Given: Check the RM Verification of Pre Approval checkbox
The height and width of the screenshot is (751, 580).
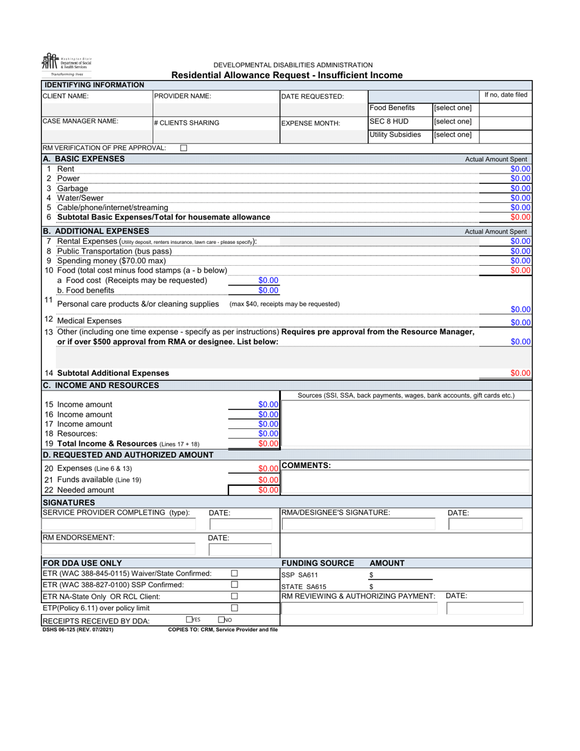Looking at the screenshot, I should [x=184, y=148].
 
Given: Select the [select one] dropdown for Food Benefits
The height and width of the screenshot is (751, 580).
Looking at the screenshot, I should [x=452, y=108].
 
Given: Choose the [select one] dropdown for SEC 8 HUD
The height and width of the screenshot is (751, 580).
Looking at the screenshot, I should [x=452, y=122].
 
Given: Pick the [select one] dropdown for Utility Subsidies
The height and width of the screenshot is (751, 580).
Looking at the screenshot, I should [x=452, y=135].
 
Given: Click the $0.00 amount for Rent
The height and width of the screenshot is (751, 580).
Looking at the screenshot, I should [x=520, y=169].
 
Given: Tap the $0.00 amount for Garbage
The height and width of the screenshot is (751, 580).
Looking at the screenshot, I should [x=520, y=189].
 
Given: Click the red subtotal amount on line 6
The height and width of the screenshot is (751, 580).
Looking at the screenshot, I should [x=520, y=217].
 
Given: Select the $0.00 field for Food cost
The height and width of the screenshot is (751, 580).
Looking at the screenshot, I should [x=268, y=280].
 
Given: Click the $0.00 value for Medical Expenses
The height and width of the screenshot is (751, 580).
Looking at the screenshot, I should [x=520, y=323].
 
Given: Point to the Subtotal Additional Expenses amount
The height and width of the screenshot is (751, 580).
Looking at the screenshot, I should [x=520, y=373].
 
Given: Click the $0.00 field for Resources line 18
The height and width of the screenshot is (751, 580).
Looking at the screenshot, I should [x=268, y=434].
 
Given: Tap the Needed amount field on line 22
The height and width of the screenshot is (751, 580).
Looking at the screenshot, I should [x=268, y=490].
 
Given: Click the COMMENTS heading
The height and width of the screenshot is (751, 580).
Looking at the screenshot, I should [x=306, y=466].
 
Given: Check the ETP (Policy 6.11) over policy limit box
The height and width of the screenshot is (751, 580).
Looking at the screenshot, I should [x=234, y=608].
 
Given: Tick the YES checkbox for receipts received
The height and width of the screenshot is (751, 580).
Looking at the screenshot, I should [x=189, y=620].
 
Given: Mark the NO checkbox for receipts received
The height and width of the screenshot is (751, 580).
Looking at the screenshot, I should [x=222, y=620].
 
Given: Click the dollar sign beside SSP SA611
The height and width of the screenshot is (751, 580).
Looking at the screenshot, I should [x=371, y=576].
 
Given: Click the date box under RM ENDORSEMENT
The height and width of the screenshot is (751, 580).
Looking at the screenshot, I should [x=244, y=549].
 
